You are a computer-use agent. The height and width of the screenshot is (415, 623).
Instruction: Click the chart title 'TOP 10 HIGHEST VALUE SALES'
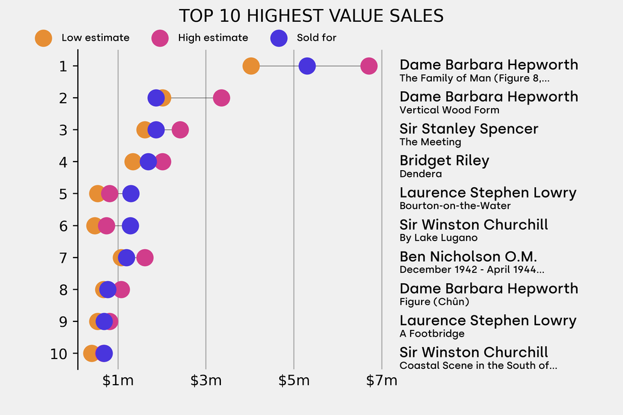click(311, 16)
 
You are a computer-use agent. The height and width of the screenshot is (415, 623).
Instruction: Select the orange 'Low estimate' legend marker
click(43, 38)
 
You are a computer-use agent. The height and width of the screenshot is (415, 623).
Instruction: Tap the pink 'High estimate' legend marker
click(160, 38)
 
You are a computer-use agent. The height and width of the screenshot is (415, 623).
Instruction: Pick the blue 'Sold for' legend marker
click(279, 38)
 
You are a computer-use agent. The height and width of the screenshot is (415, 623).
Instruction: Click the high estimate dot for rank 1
click(369, 66)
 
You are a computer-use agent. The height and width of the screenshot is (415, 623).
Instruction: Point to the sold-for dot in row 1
click(307, 66)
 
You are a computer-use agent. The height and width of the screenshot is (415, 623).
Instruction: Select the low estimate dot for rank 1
click(251, 66)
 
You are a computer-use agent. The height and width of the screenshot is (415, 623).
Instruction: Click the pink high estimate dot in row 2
click(221, 98)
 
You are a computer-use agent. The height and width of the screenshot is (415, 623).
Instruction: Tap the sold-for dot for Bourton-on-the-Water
click(131, 194)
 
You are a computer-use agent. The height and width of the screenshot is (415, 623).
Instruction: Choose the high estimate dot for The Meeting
click(180, 130)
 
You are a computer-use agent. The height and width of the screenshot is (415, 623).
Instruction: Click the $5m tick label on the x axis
click(294, 381)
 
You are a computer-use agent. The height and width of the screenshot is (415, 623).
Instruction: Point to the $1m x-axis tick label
click(118, 381)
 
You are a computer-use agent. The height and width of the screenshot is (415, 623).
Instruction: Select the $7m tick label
click(381, 381)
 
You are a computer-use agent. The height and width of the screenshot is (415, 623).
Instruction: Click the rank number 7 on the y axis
click(63, 258)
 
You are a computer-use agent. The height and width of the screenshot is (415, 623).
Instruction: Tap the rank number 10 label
click(58, 354)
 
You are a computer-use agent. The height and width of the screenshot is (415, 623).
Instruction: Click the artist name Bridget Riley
click(444, 160)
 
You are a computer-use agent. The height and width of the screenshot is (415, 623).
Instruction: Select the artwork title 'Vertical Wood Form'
click(449, 110)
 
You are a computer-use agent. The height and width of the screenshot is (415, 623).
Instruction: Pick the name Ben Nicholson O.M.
click(468, 256)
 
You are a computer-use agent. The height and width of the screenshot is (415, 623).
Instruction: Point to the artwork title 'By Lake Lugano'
click(438, 238)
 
